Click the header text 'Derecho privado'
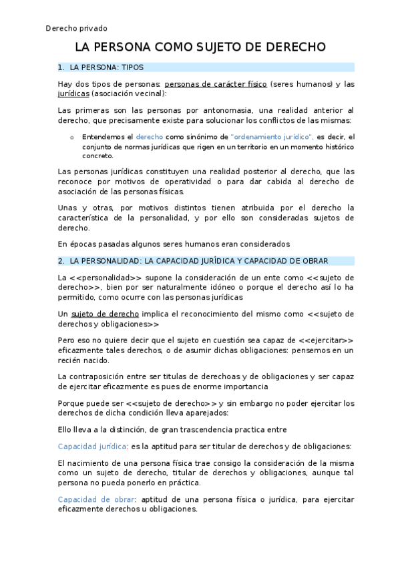click(x=76, y=28)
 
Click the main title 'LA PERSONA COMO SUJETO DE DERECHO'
click(x=200, y=47)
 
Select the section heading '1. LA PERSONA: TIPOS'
click(x=101, y=67)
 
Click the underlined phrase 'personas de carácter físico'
click(x=216, y=84)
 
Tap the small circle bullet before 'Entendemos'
click(x=72, y=137)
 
